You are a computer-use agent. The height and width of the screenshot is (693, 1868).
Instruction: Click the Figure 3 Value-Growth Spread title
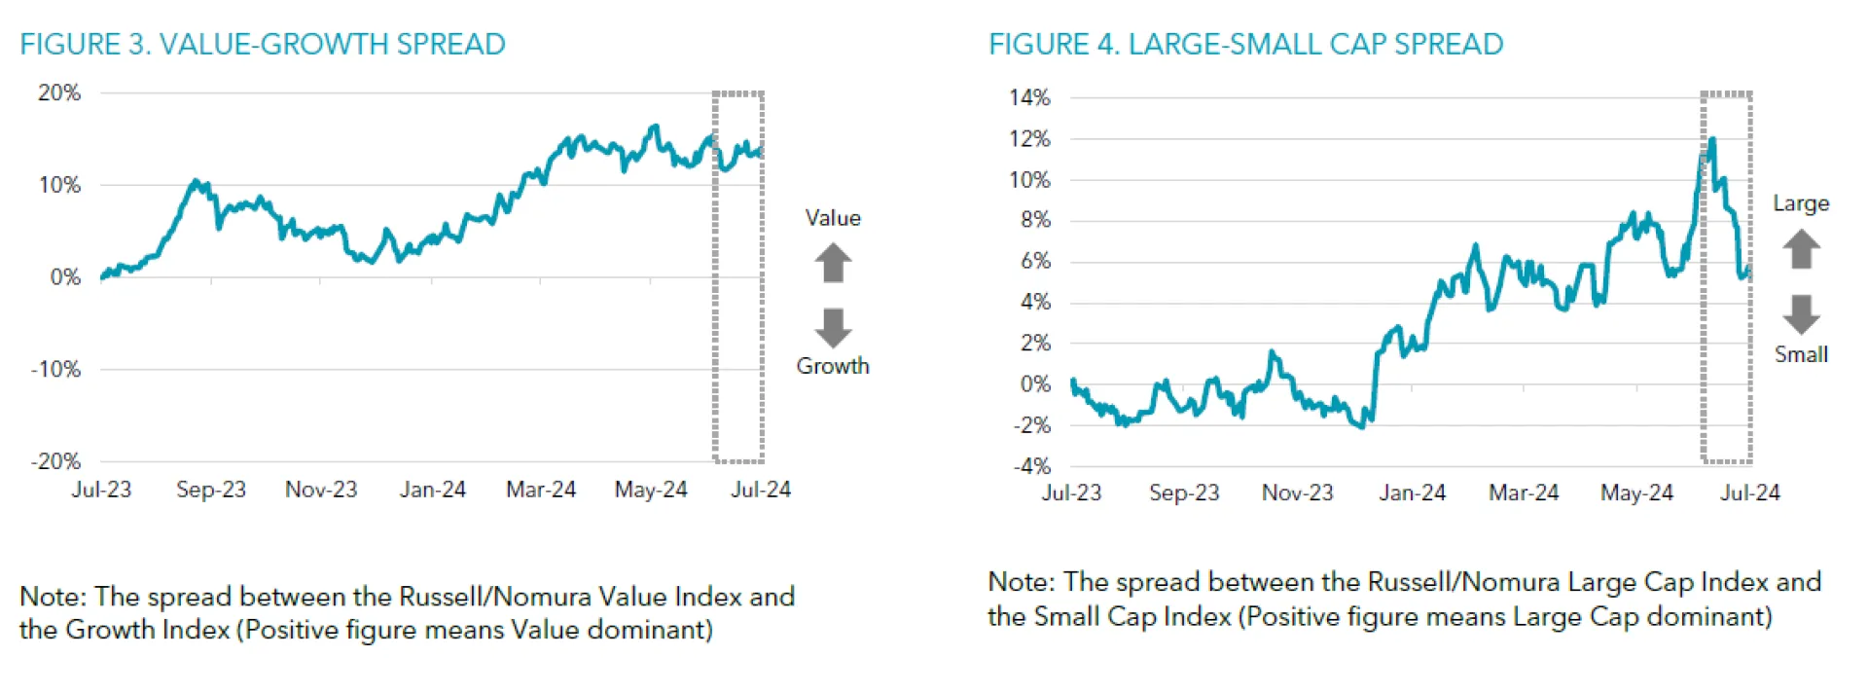263,45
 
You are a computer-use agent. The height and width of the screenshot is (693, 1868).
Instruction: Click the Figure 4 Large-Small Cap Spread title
1245,45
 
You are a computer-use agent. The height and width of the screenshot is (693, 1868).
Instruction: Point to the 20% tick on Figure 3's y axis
59,93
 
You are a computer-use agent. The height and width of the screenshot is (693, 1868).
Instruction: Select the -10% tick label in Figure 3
56,370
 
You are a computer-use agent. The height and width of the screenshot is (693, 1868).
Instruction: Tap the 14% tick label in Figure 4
1029,98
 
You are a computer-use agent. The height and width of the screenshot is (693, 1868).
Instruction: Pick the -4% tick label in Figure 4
1031,466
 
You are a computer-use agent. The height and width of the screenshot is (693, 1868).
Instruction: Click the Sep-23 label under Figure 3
211,490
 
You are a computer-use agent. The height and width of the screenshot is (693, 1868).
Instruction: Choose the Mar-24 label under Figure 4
1524,492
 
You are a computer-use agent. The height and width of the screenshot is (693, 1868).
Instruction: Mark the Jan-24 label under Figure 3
433,490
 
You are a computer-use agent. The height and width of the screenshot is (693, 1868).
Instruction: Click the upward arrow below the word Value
833,263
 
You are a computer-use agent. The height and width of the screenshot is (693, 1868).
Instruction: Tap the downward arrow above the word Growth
833,328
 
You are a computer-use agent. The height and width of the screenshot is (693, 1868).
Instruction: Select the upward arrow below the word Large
1801,249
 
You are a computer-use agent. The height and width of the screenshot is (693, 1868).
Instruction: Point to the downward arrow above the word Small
1801,314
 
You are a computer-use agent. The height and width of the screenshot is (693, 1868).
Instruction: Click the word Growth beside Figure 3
833,366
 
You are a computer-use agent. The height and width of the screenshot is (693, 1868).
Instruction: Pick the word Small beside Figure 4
1801,354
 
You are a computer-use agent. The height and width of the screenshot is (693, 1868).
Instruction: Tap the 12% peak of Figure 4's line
1711,140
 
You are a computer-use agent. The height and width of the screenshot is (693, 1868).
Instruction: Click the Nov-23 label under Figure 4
1298,492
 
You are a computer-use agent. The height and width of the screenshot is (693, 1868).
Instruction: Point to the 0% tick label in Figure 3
65,277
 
